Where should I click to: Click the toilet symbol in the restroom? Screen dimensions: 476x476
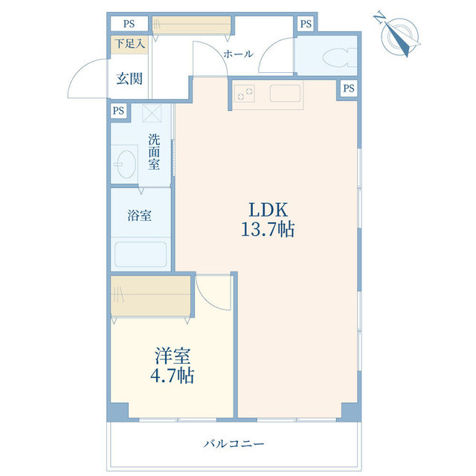[x=339, y=57]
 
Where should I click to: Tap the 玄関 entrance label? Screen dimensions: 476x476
[x=129, y=79]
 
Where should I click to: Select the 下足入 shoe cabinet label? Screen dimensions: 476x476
[x=129, y=44]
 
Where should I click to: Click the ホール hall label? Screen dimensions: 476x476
[x=238, y=54]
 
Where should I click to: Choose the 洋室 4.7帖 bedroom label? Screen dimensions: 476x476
[x=172, y=365]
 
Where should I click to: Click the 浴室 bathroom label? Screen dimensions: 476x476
[x=139, y=215]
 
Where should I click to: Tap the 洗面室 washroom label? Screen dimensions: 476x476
[x=154, y=152]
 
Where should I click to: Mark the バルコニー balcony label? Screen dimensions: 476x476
[x=234, y=444]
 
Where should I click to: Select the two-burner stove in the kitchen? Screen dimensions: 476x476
[x=245, y=94]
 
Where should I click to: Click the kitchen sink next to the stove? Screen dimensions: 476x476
[x=285, y=93]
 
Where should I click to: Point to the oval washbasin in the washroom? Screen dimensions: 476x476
[x=126, y=164]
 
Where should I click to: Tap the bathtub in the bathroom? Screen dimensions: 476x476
[x=141, y=254]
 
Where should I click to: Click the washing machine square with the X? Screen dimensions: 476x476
[x=152, y=113]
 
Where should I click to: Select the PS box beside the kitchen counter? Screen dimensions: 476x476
[x=349, y=89]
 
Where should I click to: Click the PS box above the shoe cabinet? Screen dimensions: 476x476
[x=129, y=24]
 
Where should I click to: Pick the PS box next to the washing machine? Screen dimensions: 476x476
[x=118, y=111]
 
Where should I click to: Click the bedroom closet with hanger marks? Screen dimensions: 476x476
[x=150, y=296]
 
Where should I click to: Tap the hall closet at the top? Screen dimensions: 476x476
[x=192, y=25]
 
